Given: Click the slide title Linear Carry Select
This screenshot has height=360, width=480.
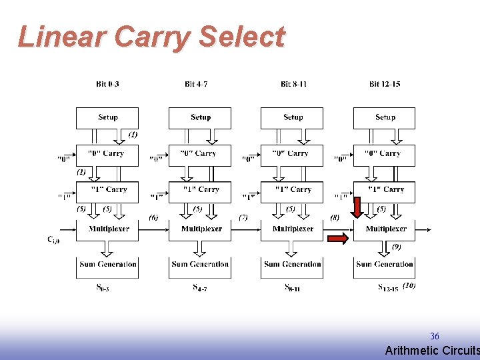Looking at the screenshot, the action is click(x=151, y=37).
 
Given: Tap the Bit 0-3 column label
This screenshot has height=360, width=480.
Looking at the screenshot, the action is click(x=107, y=84).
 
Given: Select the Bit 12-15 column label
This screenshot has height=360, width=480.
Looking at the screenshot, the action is click(x=385, y=84).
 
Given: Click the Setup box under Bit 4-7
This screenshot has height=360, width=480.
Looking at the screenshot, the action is click(x=200, y=118).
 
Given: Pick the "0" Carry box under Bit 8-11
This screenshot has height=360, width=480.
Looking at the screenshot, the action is click(x=292, y=155).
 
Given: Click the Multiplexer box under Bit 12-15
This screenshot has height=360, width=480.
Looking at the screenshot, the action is click(x=385, y=229).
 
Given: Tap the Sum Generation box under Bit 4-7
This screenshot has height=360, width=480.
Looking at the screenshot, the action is click(x=200, y=265).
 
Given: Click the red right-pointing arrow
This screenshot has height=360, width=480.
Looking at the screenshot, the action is click(x=339, y=238).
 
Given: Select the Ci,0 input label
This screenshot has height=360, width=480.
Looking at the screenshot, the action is click(x=53, y=239).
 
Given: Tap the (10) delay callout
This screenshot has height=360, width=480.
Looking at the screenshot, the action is click(x=409, y=285).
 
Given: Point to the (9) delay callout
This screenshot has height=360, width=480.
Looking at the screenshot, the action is click(x=397, y=247).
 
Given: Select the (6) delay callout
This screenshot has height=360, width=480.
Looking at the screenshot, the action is click(x=153, y=217).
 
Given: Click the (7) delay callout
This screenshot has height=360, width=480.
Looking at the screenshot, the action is click(x=243, y=217).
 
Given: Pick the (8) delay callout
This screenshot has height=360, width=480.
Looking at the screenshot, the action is click(x=334, y=217).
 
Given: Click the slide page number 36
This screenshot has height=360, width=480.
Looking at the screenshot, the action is click(x=434, y=337).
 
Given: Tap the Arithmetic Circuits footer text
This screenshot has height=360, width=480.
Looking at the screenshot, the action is click(x=432, y=351).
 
